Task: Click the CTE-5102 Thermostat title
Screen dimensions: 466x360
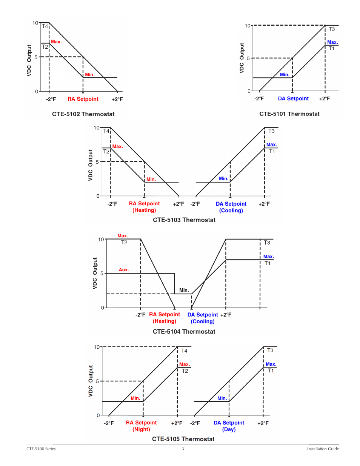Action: point(83,114)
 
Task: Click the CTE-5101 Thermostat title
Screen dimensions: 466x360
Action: point(289,114)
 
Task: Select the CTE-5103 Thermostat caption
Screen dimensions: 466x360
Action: point(184,220)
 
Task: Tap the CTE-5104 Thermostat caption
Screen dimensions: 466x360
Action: point(184,331)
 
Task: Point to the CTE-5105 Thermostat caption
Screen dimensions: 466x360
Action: point(183,439)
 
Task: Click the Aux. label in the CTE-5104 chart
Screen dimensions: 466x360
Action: point(124,270)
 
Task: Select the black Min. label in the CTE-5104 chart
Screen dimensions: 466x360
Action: point(184,290)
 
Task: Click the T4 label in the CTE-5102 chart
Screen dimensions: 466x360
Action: point(45,26)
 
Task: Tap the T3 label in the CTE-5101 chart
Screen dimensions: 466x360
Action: point(332,29)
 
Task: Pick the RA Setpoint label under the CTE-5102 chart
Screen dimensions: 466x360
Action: point(83,99)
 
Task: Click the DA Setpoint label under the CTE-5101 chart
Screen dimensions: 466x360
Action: point(293,98)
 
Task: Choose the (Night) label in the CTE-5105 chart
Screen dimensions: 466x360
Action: point(141,429)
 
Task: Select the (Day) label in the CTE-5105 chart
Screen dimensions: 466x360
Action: point(229,429)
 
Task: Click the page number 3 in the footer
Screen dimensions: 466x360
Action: point(183,449)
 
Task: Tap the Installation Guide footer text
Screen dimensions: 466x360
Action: point(323,449)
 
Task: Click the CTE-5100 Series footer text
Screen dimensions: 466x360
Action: point(41,449)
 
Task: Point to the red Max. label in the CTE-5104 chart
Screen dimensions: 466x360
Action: point(123,236)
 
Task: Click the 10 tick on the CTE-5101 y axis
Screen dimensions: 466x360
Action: point(248,26)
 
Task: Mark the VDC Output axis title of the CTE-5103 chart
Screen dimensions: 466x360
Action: point(91,165)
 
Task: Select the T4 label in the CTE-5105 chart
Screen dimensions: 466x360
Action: point(184,351)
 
